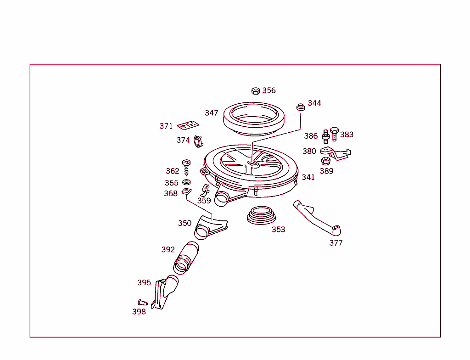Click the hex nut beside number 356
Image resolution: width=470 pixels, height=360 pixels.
(x=256, y=90)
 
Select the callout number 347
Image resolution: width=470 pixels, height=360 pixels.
(x=212, y=113)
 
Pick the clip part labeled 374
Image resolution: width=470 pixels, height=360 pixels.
(x=198, y=142)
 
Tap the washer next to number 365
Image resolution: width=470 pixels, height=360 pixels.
(x=186, y=182)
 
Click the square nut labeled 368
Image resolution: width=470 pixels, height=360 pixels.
(x=186, y=191)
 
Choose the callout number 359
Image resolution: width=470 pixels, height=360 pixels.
(x=204, y=201)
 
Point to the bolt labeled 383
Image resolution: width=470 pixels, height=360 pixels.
(x=334, y=134)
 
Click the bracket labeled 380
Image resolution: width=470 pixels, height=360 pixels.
(x=335, y=153)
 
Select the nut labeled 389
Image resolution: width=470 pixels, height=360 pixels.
(x=325, y=161)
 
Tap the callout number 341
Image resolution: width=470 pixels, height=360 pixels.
(x=308, y=177)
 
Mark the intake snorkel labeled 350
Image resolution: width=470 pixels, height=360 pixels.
(x=209, y=227)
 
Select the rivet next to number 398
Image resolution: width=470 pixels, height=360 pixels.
(x=142, y=303)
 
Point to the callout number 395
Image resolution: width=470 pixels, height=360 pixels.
(x=144, y=283)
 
